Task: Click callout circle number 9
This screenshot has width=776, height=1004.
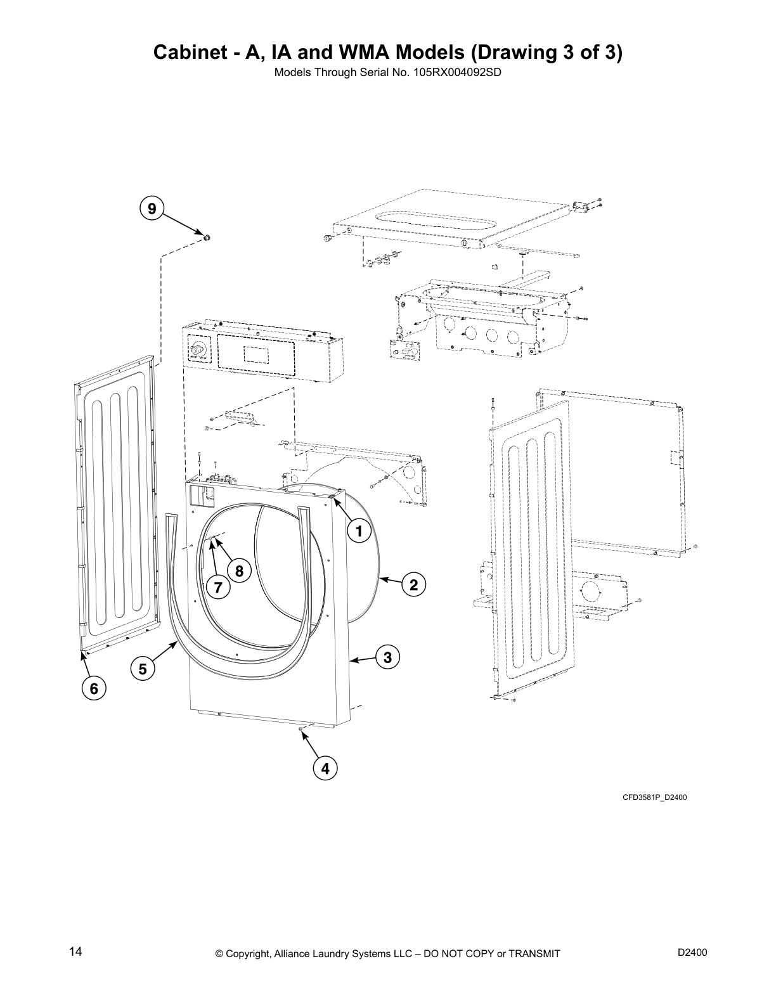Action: (x=151, y=209)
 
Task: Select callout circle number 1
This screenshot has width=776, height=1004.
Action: (x=358, y=531)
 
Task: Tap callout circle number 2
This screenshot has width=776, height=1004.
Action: (x=413, y=584)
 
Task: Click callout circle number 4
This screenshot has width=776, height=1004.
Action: (x=325, y=768)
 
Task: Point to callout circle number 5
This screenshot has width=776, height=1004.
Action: (x=143, y=668)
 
